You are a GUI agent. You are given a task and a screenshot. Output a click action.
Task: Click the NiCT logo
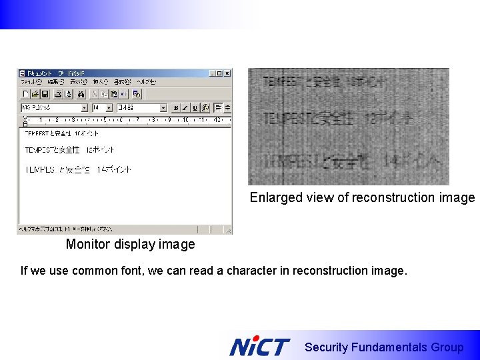259,347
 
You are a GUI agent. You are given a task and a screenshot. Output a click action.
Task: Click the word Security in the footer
326,347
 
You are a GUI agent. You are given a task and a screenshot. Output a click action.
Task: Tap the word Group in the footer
447,347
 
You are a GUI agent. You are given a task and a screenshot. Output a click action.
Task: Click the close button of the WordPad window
227,73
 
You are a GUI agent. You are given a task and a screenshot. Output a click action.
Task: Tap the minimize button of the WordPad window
213,73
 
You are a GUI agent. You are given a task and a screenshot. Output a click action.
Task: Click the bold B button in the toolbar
175,107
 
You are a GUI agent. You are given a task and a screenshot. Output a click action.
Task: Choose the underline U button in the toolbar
195,107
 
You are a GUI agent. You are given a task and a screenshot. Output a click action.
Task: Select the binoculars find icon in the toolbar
81,94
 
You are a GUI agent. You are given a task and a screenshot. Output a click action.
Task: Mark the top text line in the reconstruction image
324,83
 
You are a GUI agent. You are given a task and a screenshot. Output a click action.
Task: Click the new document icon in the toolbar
25,94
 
